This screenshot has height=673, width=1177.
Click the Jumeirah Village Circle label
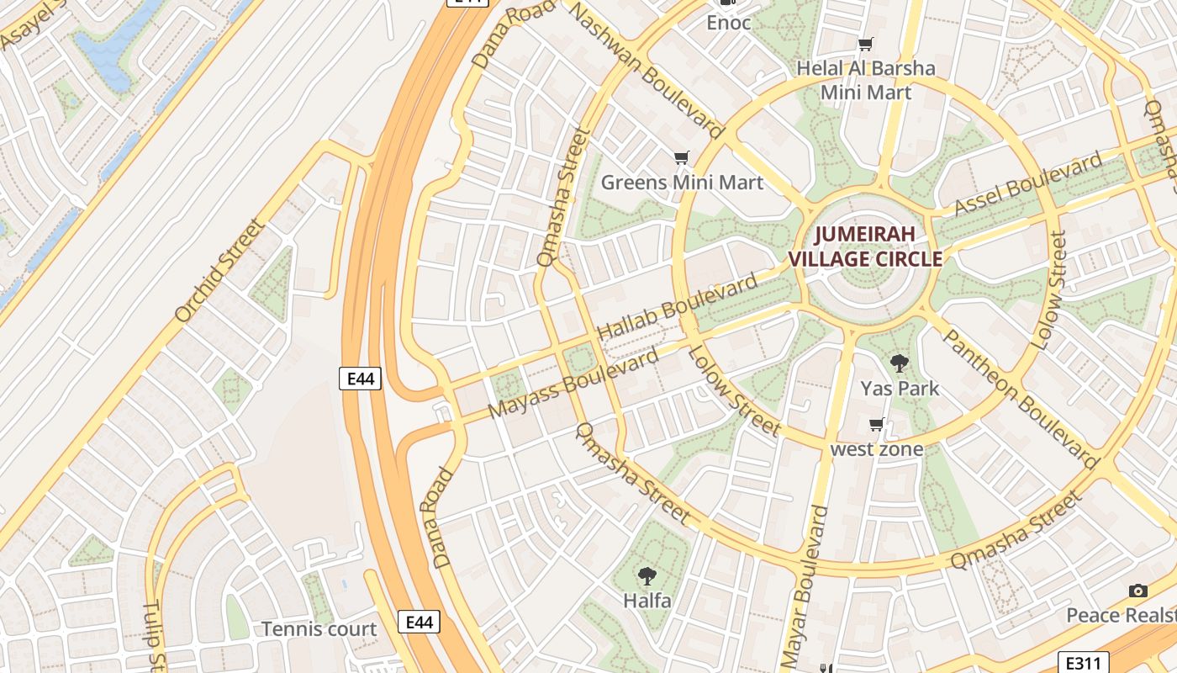click(x=870, y=246)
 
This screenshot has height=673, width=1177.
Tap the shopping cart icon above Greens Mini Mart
click(x=682, y=157)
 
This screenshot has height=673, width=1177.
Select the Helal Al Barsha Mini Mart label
click(x=866, y=80)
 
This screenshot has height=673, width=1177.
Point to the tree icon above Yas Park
click(x=900, y=363)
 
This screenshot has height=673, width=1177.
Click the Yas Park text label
click(x=900, y=389)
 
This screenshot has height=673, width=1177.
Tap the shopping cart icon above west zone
click(x=877, y=425)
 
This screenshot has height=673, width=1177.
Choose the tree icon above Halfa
click(x=647, y=576)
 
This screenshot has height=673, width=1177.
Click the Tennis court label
click(x=319, y=628)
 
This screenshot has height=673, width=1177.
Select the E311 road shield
click(x=1083, y=662)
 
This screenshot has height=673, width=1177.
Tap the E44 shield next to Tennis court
click(x=419, y=622)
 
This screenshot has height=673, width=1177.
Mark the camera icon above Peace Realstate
click(x=1137, y=591)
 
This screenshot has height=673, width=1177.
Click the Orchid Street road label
click(x=220, y=271)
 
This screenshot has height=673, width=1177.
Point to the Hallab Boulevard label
click(x=677, y=307)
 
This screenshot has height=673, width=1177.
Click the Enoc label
click(x=728, y=23)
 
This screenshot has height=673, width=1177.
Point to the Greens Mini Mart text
click(x=682, y=183)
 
